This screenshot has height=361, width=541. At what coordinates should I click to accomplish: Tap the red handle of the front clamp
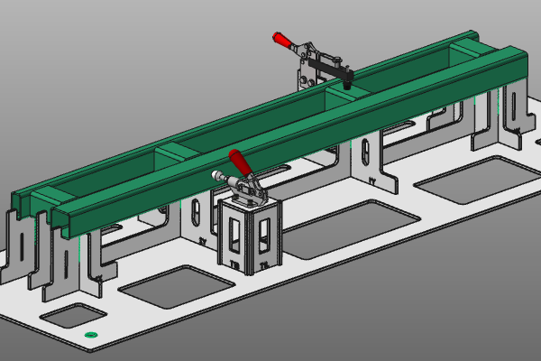[241, 163]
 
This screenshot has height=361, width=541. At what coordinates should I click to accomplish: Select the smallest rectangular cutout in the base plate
[72, 315]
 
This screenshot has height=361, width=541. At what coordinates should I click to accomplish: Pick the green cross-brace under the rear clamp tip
[340, 92]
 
